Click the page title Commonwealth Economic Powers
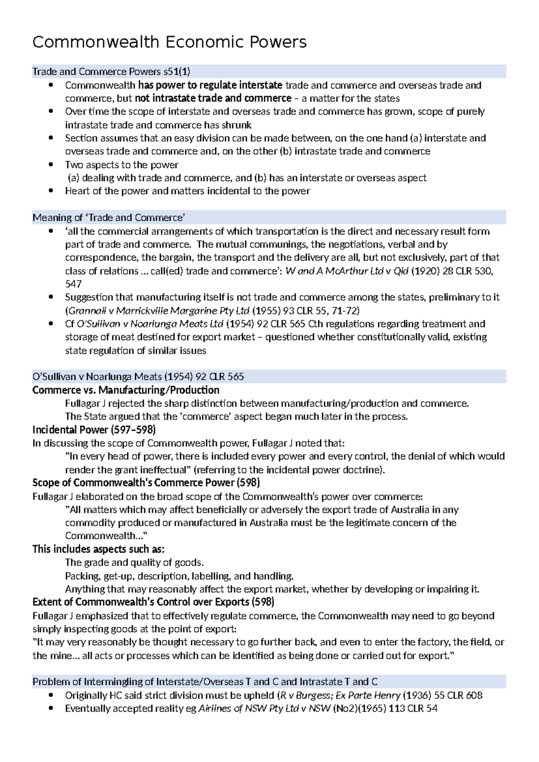point(169,42)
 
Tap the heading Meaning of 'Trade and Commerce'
point(109,218)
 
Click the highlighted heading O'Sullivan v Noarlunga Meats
point(138,377)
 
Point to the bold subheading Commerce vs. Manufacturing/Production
point(126,390)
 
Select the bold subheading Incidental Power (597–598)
point(94,430)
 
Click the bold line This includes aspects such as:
point(98,549)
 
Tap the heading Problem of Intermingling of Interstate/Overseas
point(205,682)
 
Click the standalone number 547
point(73,284)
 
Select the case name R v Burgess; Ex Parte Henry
point(340,696)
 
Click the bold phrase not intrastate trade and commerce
point(213,98)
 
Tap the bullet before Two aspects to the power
point(52,165)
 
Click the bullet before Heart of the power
point(52,191)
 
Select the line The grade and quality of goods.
point(134,563)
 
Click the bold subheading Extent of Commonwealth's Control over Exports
point(153,602)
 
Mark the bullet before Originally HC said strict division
point(52,696)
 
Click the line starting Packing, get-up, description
point(179,576)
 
